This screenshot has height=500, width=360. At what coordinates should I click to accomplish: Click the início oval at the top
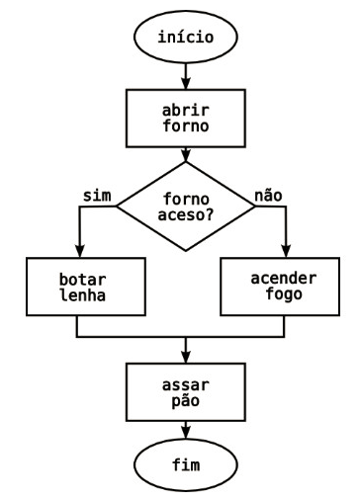[x=186, y=39]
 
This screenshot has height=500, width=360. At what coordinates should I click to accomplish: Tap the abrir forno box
[x=186, y=117]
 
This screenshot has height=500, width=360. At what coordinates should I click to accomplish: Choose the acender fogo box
[x=286, y=287]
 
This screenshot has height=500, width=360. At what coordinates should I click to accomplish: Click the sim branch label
[x=96, y=195]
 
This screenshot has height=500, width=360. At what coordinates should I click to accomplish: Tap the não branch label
[x=268, y=195]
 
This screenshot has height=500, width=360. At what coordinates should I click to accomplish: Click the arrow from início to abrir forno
[x=186, y=76]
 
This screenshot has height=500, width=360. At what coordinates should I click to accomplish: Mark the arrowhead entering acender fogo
[x=286, y=253]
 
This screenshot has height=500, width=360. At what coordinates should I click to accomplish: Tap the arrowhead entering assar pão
[x=186, y=357]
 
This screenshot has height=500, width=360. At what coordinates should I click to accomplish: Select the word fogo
[x=286, y=295]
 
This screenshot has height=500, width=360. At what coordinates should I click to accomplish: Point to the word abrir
[x=186, y=108]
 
